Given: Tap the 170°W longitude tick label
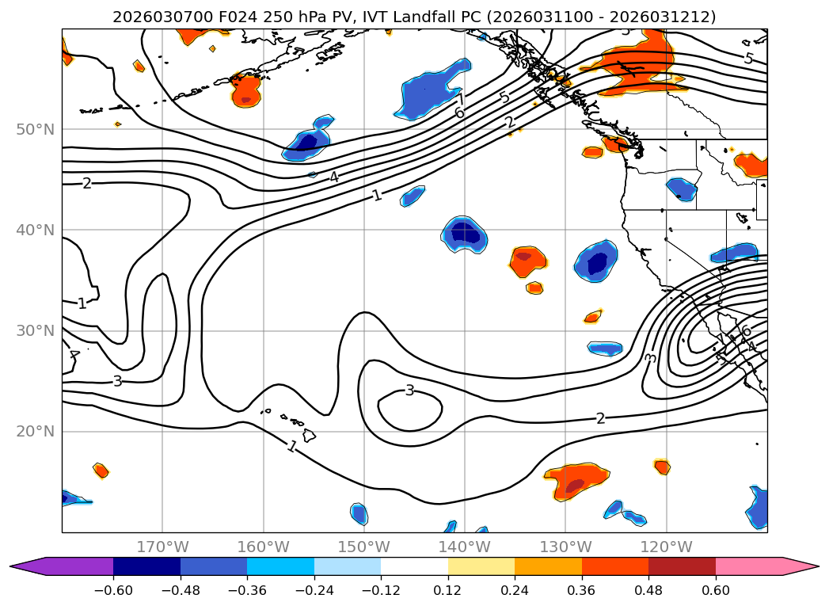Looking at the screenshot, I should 162,547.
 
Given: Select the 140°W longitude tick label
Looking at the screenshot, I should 464,547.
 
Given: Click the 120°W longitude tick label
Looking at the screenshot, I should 666,547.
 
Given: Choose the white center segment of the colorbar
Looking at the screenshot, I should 414,566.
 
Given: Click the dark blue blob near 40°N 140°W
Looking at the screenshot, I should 465,234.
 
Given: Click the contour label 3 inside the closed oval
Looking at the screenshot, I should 409,390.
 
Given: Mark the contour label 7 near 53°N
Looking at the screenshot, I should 461,98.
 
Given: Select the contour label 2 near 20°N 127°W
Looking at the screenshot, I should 600,418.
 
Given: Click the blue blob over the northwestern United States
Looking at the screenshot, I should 681,189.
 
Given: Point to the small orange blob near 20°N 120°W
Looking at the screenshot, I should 662,467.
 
